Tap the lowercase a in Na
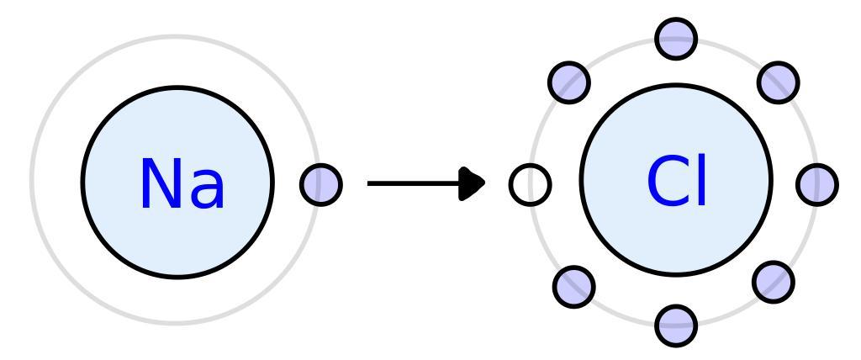(206, 190)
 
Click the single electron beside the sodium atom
(321, 183)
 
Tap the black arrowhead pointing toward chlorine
(475, 183)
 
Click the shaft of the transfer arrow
(412, 183)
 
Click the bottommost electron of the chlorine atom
(676, 326)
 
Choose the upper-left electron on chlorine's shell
(569, 81)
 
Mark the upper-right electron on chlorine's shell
(779, 80)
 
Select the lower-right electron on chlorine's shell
(773, 282)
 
